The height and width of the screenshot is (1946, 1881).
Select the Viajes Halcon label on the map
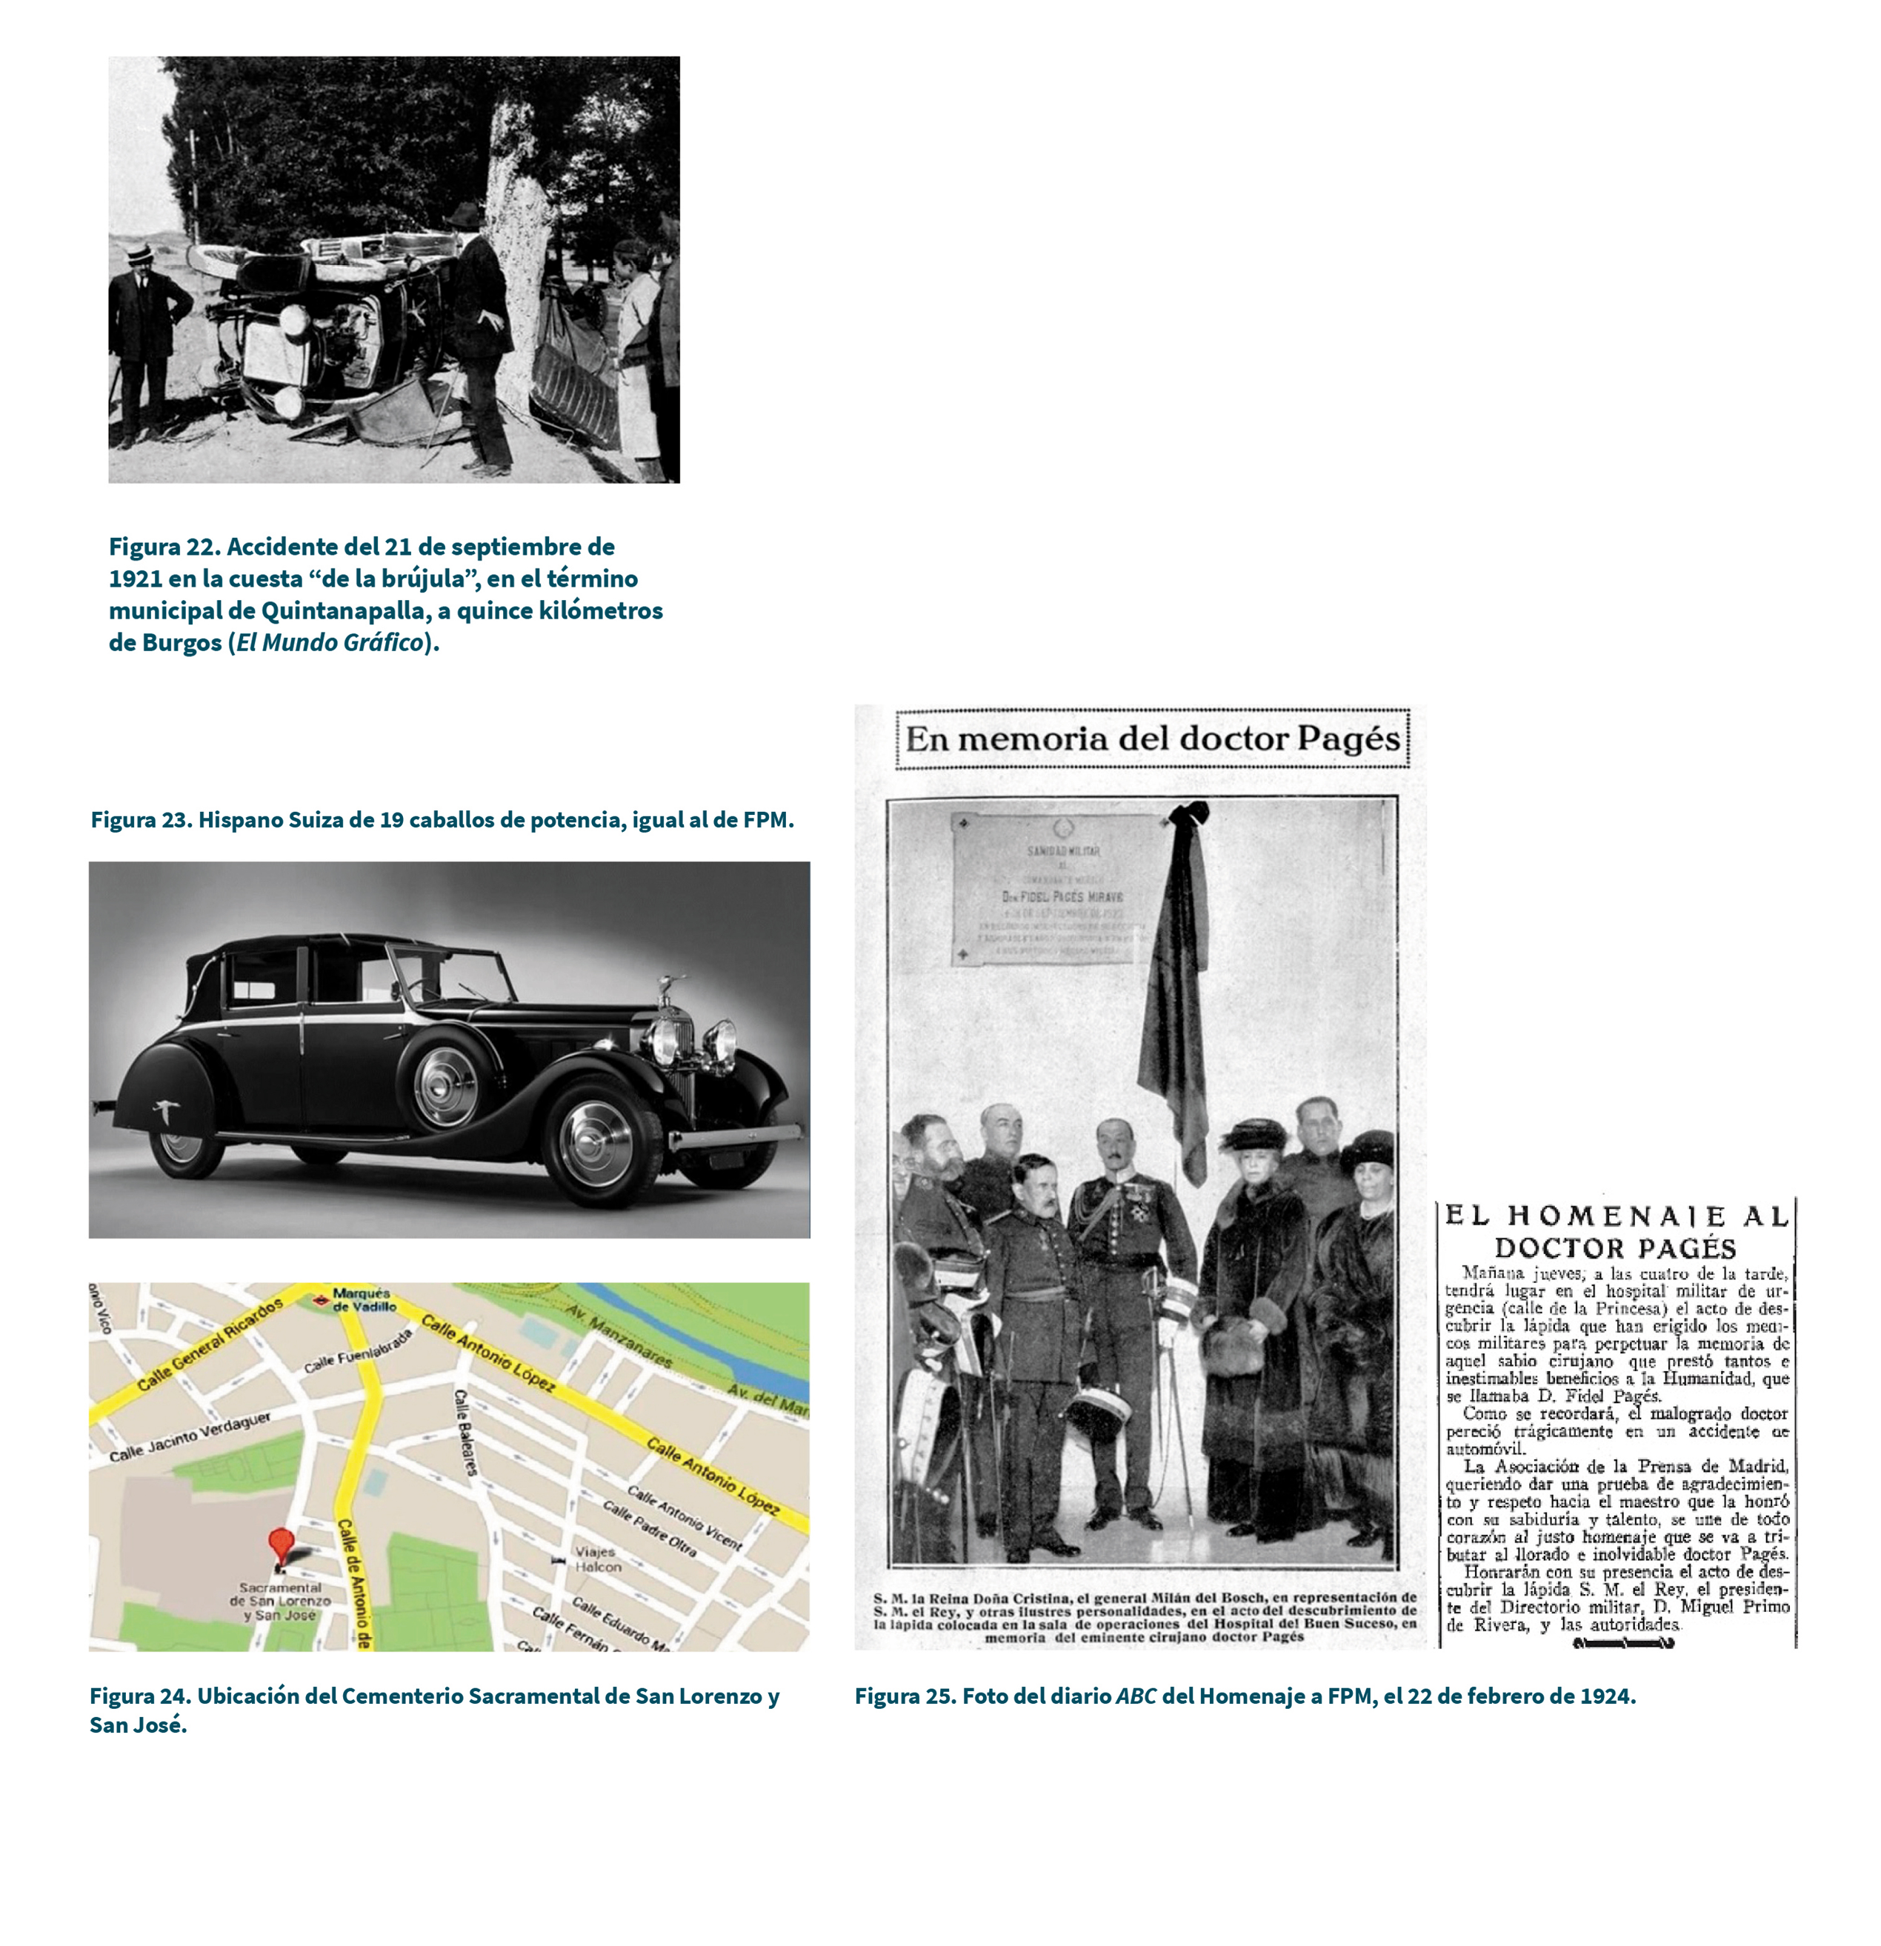[x=598, y=1559]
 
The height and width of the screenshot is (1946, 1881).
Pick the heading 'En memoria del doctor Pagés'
[x=1152, y=739]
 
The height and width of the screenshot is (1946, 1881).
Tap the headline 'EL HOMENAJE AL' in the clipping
[x=1616, y=1216]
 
